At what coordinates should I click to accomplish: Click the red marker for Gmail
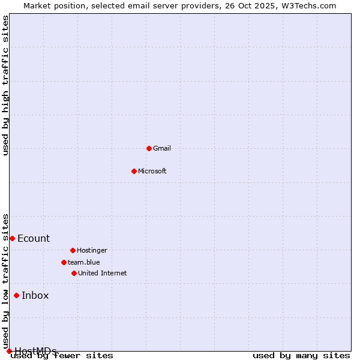pyautogui.click(x=149, y=148)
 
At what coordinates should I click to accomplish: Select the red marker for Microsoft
pyautogui.click(x=134, y=171)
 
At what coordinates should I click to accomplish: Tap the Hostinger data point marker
pyautogui.click(x=73, y=250)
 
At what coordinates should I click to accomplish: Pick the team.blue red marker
pyautogui.click(x=64, y=262)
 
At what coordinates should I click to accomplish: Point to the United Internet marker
pyautogui.click(x=74, y=273)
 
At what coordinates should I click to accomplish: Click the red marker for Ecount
pyautogui.click(x=12, y=238)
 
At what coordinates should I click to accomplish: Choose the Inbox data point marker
pyautogui.click(x=16, y=295)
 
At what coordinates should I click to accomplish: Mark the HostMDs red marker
pyautogui.click(x=9, y=351)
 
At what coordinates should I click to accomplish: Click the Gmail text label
pyautogui.click(x=162, y=148)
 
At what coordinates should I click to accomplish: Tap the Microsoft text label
pyautogui.click(x=152, y=171)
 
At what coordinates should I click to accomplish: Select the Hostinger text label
pyautogui.click(x=92, y=250)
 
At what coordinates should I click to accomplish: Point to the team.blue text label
pyautogui.click(x=84, y=262)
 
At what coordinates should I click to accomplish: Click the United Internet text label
pyautogui.click(x=103, y=273)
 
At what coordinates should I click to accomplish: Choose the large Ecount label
pyautogui.click(x=34, y=238)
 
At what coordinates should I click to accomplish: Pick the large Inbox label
pyautogui.click(x=35, y=295)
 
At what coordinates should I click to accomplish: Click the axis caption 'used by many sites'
pyautogui.click(x=301, y=355)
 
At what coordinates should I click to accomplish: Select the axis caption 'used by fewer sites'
pyautogui.click(x=62, y=355)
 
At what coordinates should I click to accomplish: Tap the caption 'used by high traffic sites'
pyautogui.click(x=6, y=85)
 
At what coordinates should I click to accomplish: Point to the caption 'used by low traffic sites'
pyautogui.click(x=6, y=281)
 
